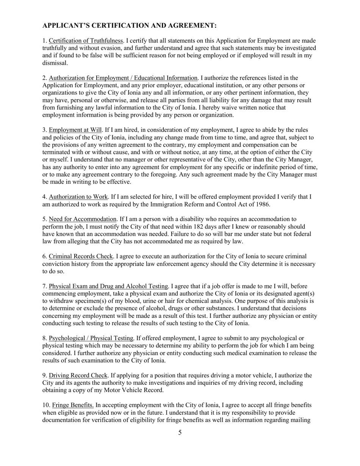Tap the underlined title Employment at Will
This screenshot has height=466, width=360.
pyautogui.click(x=75, y=130)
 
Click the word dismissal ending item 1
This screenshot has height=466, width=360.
pyautogui.click(x=55, y=63)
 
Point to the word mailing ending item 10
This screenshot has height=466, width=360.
pyautogui.click(x=302, y=420)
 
